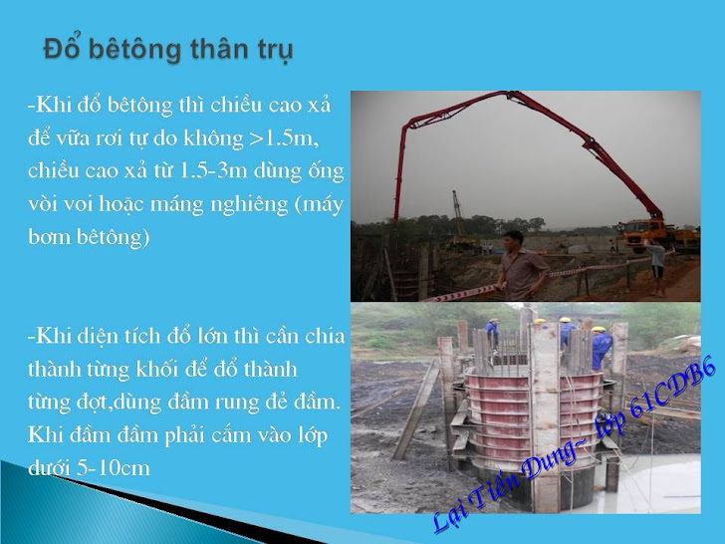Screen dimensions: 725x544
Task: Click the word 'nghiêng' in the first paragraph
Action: point(249,205)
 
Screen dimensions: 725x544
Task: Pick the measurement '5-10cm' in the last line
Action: point(114,468)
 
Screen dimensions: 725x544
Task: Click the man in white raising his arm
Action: point(656,267)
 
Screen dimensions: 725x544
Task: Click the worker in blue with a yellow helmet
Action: point(601,347)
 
